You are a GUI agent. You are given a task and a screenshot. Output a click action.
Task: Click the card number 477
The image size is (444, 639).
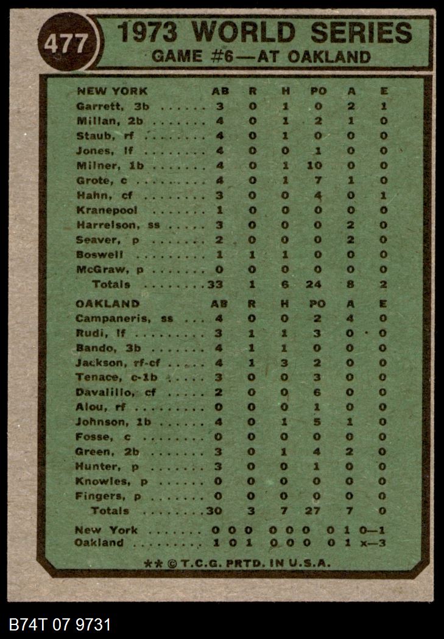coord(66,43)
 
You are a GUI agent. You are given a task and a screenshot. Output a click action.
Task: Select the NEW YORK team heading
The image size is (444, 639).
coord(111,91)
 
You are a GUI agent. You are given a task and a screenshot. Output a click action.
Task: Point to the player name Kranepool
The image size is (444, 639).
coord(107,210)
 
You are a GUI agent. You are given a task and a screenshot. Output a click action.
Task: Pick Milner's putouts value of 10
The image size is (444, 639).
coord(318,166)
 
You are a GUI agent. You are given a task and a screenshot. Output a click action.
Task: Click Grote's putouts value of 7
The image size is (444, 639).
coord(318,180)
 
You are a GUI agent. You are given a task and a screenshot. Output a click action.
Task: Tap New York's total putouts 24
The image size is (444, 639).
coord(318,284)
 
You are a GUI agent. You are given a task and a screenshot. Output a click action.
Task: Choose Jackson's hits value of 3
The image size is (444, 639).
coord(284,363)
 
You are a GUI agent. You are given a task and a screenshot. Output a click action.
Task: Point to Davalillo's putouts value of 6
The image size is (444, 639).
coord(318,393)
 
